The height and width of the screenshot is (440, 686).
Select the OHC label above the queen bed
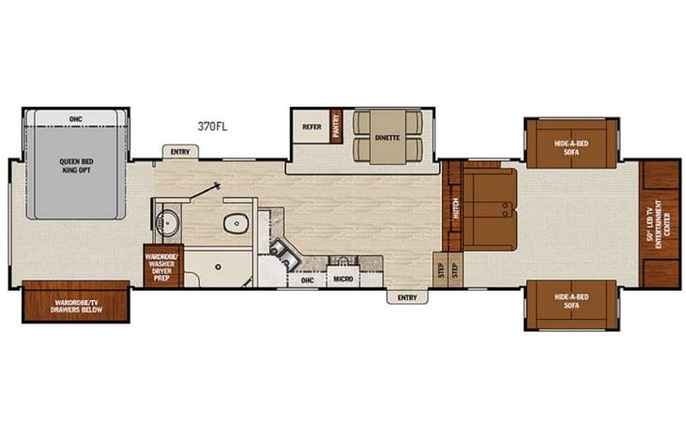(x=75, y=119)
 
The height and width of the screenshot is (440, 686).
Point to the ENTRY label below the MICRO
(x=406, y=297)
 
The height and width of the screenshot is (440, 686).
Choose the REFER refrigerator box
(x=311, y=127)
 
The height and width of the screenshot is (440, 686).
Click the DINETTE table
(x=388, y=137)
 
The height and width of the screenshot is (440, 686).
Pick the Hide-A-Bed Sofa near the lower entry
(x=570, y=301)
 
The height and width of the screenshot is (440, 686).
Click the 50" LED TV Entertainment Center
(x=662, y=223)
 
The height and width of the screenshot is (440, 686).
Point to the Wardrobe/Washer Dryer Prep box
(x=161, y=265)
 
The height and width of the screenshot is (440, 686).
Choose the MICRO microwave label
(x=341, y=280)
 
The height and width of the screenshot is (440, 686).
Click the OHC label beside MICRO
(x=307, y=280)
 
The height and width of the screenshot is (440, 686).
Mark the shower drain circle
(x=217, y=268)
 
